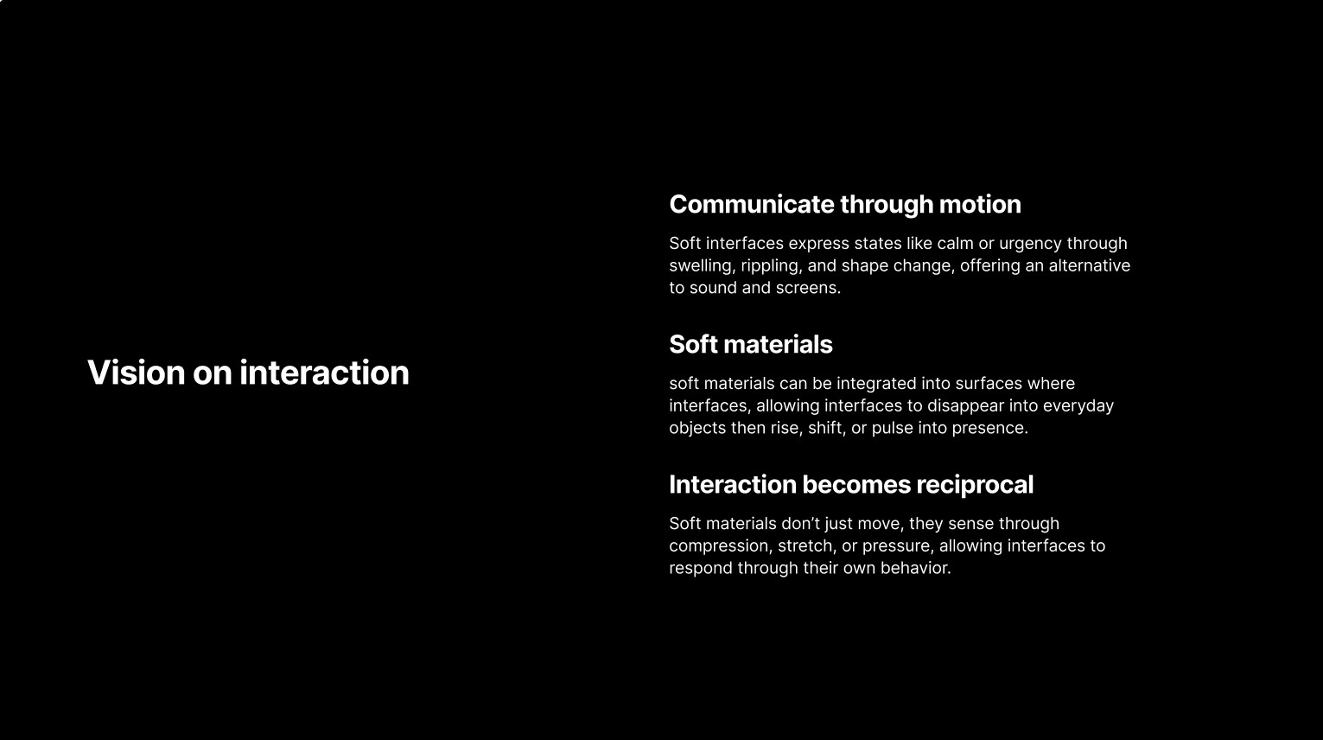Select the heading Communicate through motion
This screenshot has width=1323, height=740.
(x=845, y=205)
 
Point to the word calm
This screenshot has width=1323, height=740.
(x=955, y=244)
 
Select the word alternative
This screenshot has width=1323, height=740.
(x=1089, y=266)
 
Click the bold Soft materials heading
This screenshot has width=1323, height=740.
(x=751, y=345)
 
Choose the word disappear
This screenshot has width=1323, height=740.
(x=965, y=406)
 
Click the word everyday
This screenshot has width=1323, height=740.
(x=1078, y=406)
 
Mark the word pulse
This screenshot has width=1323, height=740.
(x=893, y=429)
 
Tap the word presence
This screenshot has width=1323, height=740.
(x=990, y=429)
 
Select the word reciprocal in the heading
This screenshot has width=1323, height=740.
(x=975, y=485)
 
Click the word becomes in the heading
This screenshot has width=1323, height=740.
(x=856, y=485)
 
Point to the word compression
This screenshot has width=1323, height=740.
(x=720, y=546)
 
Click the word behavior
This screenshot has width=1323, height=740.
(x=915, y=568)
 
